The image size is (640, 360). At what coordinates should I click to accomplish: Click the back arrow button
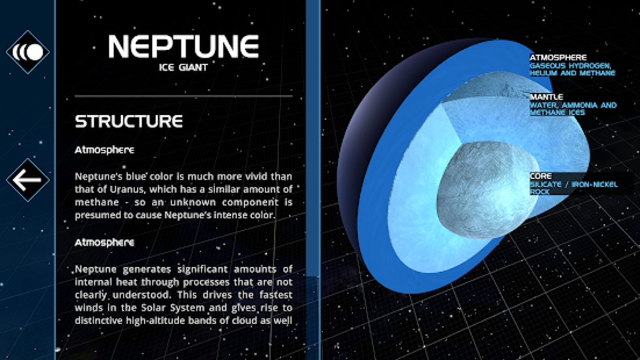(28, 180)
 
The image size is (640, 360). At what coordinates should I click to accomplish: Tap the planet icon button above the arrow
(28, 52)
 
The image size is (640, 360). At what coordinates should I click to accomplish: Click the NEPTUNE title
(184, 46)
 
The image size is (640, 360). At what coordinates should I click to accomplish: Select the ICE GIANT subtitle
(183, 67)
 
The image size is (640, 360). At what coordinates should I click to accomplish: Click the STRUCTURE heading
(129, 121)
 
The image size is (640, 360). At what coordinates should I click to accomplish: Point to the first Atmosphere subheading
(105, 150)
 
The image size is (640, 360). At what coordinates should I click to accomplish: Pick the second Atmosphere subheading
(105, 243)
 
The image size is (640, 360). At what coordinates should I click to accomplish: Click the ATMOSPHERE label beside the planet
(558, 58)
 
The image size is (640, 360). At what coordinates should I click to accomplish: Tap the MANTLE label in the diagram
(546, 97)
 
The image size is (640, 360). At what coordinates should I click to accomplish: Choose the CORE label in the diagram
(540, 176)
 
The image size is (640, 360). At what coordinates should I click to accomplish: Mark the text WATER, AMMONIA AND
(573, 105)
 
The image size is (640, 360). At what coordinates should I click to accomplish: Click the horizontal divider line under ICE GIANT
(184, 97)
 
